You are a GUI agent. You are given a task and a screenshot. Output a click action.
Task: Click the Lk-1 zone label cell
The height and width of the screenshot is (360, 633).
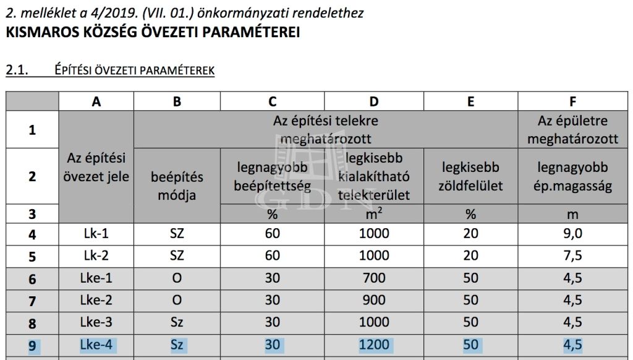(96, 234)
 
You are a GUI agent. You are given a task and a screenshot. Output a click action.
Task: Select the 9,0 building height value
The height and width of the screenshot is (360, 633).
(573, 234)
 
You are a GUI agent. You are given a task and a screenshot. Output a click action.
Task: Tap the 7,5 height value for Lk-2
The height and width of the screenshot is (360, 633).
(573, 256)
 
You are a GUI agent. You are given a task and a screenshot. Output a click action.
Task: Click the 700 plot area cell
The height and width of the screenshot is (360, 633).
(373, 278)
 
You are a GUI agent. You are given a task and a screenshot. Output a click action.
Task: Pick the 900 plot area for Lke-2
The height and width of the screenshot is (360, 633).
(373, 301)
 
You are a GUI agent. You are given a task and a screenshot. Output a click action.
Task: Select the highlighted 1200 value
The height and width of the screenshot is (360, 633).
(373, 345)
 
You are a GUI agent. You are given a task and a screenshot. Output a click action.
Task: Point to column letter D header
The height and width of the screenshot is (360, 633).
(373, 102)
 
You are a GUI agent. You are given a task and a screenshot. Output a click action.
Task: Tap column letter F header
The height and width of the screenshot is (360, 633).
(573, 102)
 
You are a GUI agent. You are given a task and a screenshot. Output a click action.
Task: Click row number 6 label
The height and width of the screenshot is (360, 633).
(32, 279)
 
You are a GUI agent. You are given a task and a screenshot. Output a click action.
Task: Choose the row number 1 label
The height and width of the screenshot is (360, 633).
(32, 130)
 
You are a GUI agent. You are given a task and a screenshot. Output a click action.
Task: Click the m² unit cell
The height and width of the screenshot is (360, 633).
(373, 214)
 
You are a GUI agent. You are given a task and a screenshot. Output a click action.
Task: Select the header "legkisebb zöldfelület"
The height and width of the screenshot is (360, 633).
(470, 176)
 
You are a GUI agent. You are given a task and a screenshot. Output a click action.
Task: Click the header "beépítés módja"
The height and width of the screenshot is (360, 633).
(177, 186)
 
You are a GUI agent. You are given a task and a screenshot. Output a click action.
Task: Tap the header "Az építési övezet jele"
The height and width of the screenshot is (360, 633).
(96, 168)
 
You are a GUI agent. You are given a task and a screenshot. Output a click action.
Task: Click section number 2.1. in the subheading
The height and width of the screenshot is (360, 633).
(17, 71)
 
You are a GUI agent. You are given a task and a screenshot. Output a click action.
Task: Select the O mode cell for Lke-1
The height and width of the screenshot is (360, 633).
(177, 278)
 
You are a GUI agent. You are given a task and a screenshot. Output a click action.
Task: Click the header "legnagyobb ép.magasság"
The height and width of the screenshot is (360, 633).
(573, 176)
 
